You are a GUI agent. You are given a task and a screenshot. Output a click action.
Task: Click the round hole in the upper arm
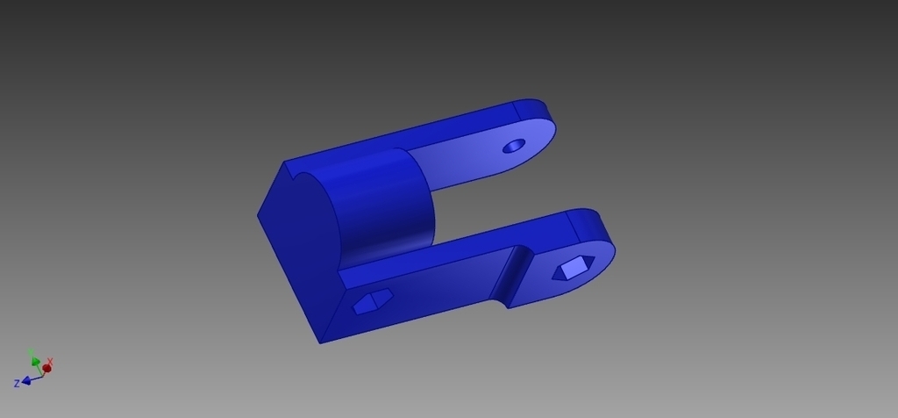click(514, 146)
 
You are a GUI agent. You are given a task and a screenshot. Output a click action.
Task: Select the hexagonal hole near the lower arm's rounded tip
click(574, 268)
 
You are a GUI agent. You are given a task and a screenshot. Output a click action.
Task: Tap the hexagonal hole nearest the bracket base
click(372, 300)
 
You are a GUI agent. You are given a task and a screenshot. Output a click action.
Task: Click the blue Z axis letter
click(17, 384)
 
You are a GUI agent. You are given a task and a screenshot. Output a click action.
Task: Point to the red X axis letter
click(51, 361)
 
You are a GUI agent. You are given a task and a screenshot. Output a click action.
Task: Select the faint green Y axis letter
click(31, 352)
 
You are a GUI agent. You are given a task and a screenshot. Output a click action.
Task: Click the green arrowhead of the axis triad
click(36, 361)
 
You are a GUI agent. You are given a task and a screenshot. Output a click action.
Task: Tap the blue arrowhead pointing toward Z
click(27, 380)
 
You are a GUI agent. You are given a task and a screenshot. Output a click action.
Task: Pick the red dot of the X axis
click(46, 368)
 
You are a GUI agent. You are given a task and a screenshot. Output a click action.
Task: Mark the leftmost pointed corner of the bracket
click(258, 215)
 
